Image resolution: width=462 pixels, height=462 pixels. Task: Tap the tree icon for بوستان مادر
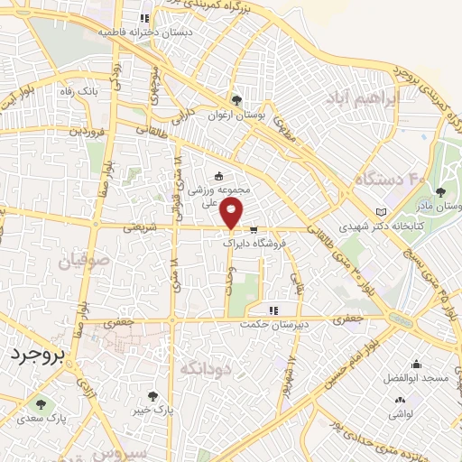click(440, 191)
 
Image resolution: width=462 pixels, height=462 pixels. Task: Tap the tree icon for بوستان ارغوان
click(236, 100)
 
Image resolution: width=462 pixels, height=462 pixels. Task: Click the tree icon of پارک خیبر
click(152, 396)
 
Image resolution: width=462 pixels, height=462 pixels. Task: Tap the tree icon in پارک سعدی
click(38, 403)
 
